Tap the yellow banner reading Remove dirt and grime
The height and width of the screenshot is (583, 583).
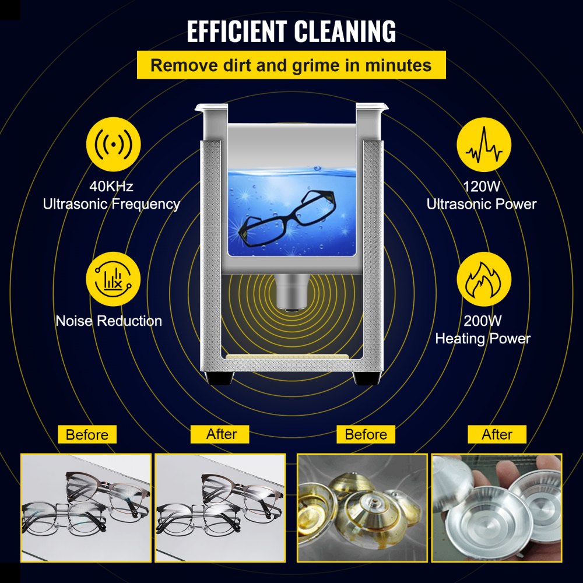click(x=291, y=65)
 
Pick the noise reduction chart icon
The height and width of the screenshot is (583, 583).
click(x=113, y=279)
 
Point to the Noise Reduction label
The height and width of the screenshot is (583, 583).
click(x=109, y=321)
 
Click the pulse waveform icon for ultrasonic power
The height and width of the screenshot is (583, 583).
click(x=484, y=149)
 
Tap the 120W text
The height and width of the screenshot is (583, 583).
click(x=482, y=187)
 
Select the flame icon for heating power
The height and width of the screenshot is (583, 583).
click(x=483, y=279)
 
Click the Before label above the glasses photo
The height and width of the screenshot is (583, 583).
click(x=87, y=434)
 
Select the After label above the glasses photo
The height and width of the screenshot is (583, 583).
click(x=222, y=434)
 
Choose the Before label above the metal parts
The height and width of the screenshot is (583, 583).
click(x=366, y=434)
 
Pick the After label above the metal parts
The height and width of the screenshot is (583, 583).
click(x=497, y=434)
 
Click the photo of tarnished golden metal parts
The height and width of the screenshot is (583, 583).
click(x=363, y=507)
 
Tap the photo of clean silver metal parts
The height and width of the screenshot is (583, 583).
click(x=497, y=507)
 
